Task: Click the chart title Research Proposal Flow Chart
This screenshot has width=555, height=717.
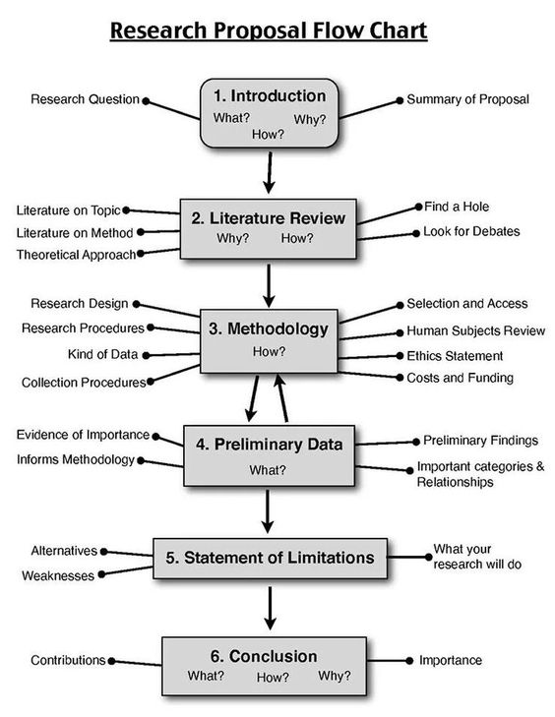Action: pos(268,31)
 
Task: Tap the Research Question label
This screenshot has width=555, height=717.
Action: pos(85,99)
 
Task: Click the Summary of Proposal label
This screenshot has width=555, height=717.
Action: pos(467,99)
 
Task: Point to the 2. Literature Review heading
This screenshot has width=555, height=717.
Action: pos(269,217)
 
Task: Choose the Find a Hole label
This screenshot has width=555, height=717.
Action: pos(457,207)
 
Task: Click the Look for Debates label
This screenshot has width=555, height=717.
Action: pos(471,232)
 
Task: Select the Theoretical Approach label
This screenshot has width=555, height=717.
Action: pos(75,255)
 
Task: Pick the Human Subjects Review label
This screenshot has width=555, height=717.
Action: pos(475,331)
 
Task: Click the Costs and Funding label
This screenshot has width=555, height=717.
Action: pos(460,378)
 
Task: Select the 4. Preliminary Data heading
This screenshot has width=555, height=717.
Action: pos(269,444)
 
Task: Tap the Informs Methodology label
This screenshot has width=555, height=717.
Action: pos(75,459)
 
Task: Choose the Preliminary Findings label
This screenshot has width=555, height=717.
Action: pos(480,441)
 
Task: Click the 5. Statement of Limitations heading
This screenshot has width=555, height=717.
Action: pos(270,558)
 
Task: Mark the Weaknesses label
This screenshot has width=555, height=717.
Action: pos(58,575)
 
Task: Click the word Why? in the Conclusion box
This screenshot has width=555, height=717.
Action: pos(334,677)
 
